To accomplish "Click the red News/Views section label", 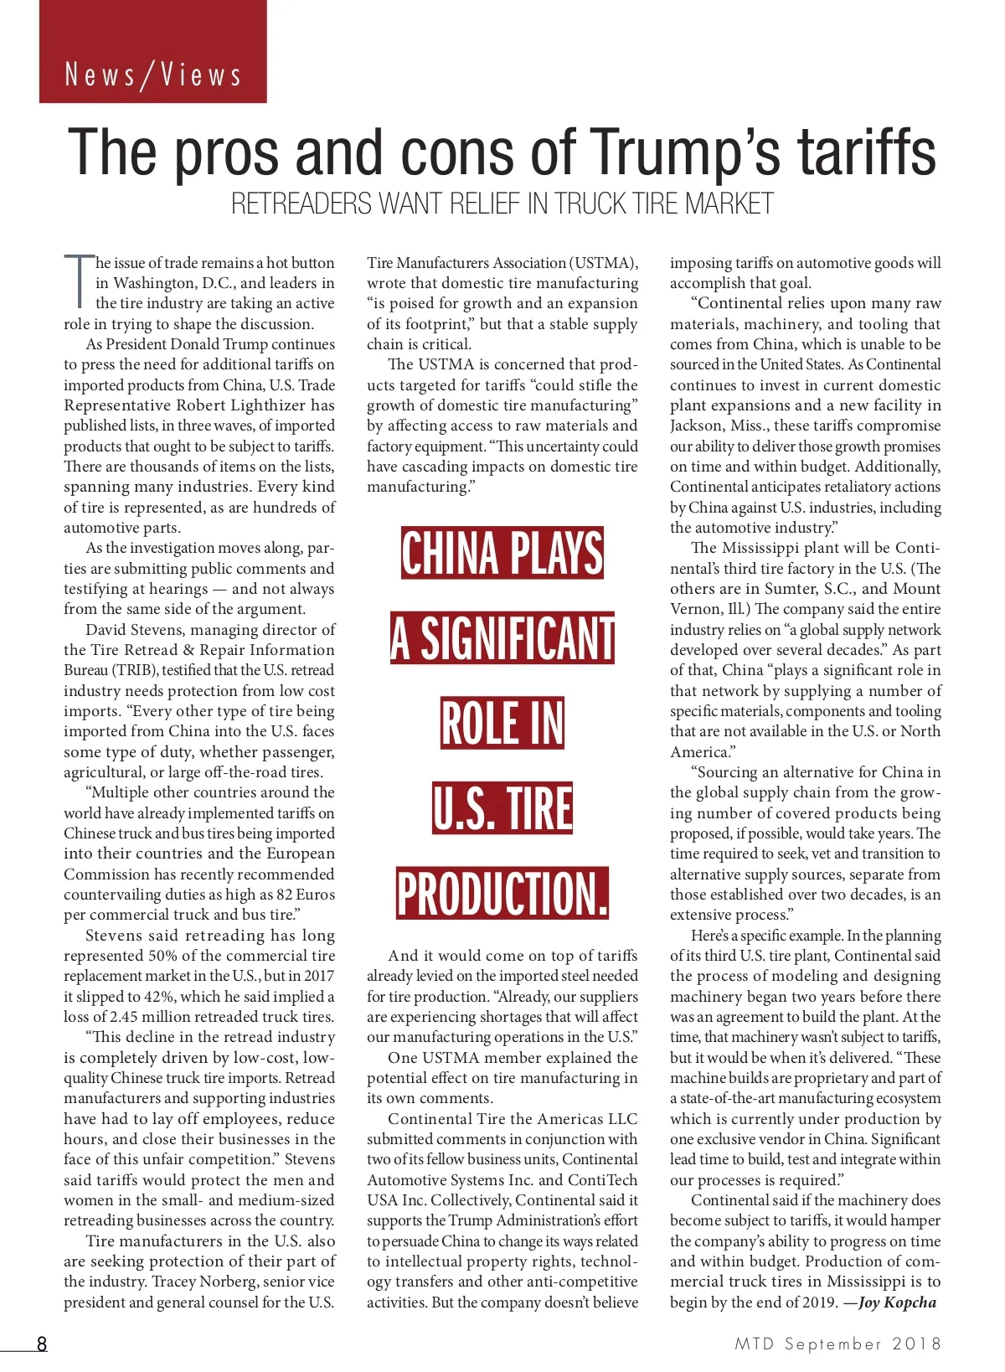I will coord(153,75).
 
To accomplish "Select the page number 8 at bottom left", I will coord(41,1344).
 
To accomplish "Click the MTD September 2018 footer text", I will coord(837,1344).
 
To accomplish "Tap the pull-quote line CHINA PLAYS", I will coord(502,553).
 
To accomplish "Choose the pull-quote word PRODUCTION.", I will coord(502,893).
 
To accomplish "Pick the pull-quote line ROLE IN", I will coord(502,723).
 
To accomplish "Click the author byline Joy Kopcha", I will coord(897,1302).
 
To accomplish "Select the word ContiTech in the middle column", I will coord(602,1179).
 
